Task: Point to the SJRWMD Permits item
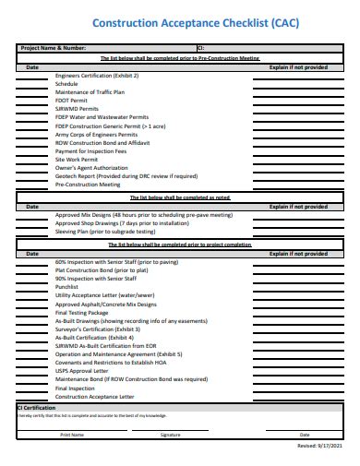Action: click(x=77, y=108)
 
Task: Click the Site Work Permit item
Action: click(x=77, y=159)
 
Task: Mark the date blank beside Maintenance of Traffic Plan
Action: click(x=32, y=92)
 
